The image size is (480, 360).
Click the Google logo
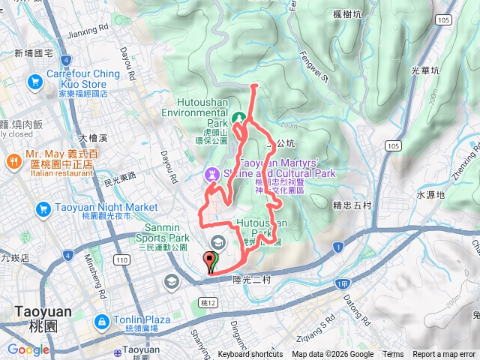[x=28, y=349]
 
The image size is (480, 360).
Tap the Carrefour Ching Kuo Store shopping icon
[x=35, y=79]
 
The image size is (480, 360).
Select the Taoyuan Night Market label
[x=95, y=207]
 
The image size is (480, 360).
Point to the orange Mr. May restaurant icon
[x=13, y=161]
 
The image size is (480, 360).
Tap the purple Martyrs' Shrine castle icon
[x=212, y=174]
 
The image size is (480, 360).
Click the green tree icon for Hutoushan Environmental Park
[x=239, y=118]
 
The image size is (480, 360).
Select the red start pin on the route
[x=209, y=262]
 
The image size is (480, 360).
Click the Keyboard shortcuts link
[x=250, y=355]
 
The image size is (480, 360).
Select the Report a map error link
[x=444, y=355]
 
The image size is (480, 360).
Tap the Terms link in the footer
[x=393, y=355]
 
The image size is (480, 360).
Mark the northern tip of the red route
[x=253, y=86]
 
